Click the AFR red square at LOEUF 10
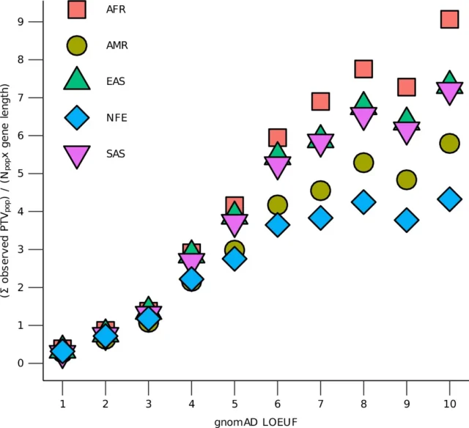[450, 19]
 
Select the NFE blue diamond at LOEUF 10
[449, 199]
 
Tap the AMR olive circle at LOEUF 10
[450, 144]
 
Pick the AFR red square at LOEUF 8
[363, 69]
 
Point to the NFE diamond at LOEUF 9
[407, 220]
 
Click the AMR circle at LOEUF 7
[320, 191]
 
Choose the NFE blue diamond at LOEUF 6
[277, 224]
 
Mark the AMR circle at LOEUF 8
[363, 163]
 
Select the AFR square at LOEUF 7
[320, 101]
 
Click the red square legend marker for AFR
[77, 9]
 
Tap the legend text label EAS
[116, 81]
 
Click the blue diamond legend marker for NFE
[77, 117]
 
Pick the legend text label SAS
[116, 154]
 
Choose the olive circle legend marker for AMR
[77, 45]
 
